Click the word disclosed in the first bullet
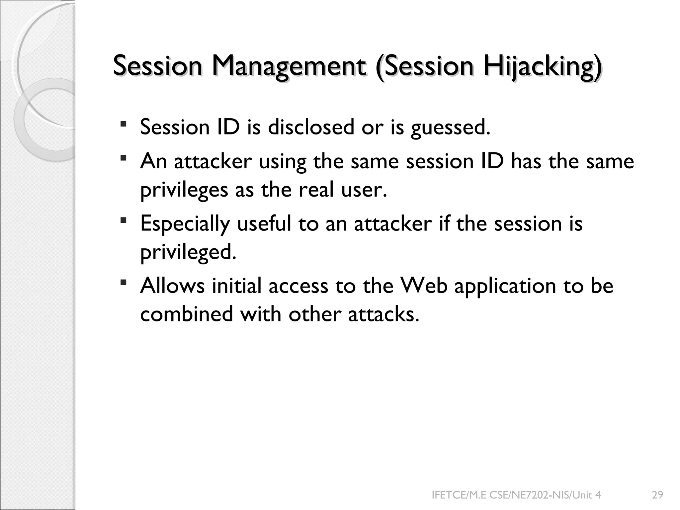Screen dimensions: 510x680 click(x=311, y=127)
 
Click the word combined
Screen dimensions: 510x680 click(x=187, y=314)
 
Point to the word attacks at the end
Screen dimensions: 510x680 click(x=383, y=314)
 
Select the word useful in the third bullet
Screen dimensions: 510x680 click(x=264, y=223)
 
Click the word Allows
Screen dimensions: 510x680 click(x=172, y=286)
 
